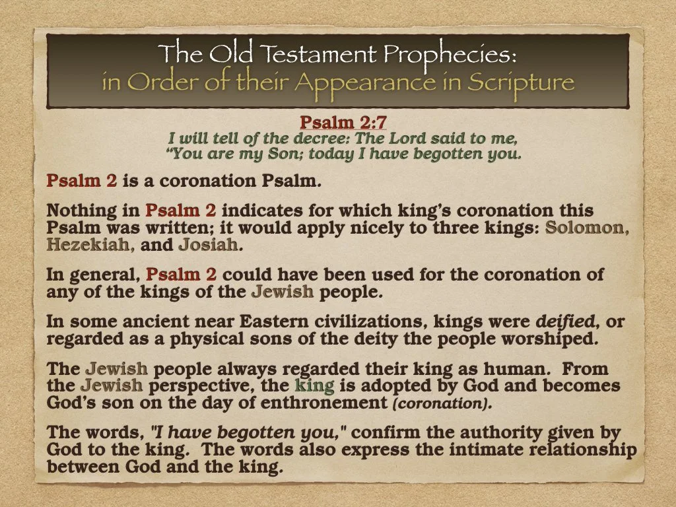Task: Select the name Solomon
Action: coord(586,228)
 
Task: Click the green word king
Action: coord(310,386)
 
